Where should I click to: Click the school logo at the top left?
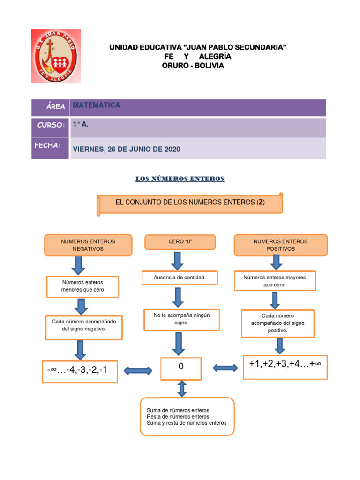[56, 56]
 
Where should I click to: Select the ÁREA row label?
[55, 107]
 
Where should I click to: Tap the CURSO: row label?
[51, 125]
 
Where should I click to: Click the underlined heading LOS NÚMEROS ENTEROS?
[180, 179]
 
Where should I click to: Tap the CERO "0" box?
[180, 241]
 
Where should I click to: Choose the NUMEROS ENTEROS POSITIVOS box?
[280, 245]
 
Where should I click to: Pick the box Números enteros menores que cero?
[82, 286]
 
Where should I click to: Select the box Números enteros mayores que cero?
[274, 281]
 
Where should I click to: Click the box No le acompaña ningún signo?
[181, 319]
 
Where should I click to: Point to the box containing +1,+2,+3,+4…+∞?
[285, 366]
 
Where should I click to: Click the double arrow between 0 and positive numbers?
[225, 368]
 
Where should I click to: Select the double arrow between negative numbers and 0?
[138, 371]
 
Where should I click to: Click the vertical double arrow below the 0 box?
[182, 388]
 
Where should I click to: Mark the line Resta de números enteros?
[178, 416]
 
